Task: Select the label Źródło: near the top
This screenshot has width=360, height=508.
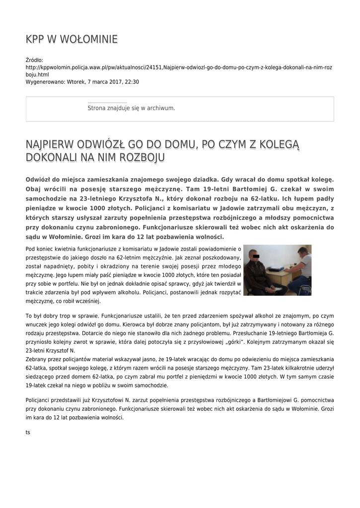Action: [34, 60]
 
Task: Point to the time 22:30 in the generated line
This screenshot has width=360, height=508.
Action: [132, 82]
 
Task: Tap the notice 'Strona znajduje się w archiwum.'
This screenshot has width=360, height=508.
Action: [131, 108]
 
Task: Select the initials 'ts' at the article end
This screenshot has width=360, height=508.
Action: [28, 432]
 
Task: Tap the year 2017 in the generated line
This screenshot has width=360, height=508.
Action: [116, 82]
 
